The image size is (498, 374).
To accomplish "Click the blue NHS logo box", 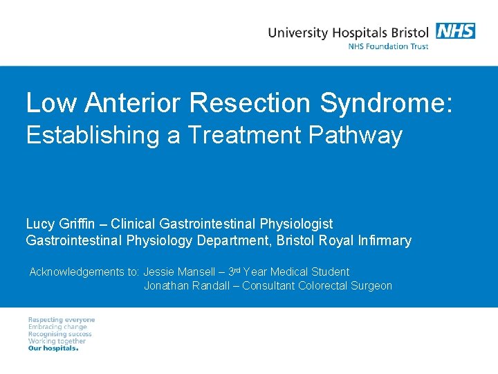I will coord(455,31).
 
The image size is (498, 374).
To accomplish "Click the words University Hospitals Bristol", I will coord(348,32).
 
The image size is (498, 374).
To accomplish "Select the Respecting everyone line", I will coord(62,320).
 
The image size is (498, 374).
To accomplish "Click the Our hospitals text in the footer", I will coord(53,348).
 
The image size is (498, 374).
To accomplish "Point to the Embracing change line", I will coord(57,327).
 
